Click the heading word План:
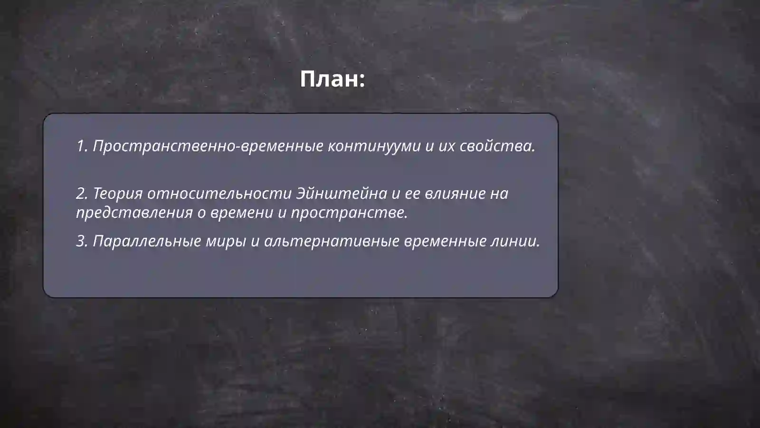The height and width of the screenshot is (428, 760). coord(332,79)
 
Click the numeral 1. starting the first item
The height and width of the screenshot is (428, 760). coord(82,146)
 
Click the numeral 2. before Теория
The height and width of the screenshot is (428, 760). coord(82,194)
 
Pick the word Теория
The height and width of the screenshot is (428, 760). coord(117,194)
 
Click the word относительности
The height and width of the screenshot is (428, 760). coord(219,194)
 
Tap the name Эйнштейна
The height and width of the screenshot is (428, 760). coord(342,194)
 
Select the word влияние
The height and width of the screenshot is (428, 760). coord(455,194)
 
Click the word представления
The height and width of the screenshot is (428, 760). coord(134,213)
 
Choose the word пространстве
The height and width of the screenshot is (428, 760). coord(349,213)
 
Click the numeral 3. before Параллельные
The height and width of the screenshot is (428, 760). coord(82,241)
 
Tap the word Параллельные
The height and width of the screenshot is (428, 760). coord(147,241)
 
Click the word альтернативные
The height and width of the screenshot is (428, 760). coord(332,241)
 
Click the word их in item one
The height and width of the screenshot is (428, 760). coord(446,146)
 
